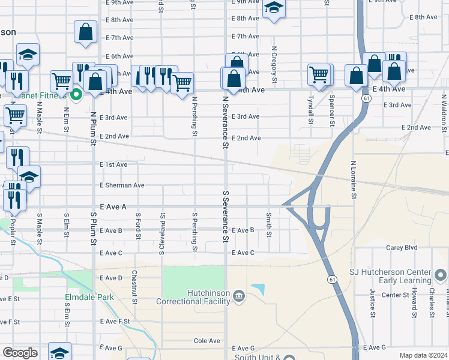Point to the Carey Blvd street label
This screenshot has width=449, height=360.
tap(402, 247)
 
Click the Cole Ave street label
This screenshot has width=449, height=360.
tap(207, 341)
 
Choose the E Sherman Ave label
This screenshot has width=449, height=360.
tap(122, 185)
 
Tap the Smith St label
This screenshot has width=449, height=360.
tap(269, 223)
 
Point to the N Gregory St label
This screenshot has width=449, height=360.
tap(274, 65)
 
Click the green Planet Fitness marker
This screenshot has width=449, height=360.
tap(76, 94)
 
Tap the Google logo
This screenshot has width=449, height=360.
tap(20, 353)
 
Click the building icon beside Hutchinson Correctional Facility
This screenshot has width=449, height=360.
tap(239, 296)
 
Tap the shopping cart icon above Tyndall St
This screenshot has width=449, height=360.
tap(319, 74)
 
